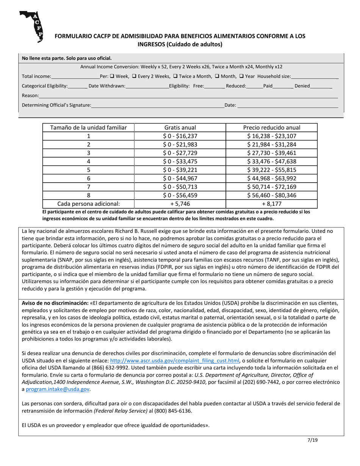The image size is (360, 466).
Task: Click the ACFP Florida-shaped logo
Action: (x=31, y=26)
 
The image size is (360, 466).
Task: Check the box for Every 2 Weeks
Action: (x=134, y=76)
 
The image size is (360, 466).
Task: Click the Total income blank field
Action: (x=75, y=77)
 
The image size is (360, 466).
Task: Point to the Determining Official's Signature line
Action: (x=157, y=105)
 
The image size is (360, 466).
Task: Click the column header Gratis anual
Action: (x=180, y=128)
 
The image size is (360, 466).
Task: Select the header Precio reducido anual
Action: (x=271, y=128)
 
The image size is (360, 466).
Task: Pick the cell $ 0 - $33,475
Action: (x=180, y=161)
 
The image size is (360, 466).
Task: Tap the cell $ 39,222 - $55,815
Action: (x=271, y=170)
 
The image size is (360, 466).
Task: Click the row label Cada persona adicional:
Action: (x=88, y=203)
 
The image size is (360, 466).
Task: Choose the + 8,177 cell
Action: (x=271, y=203)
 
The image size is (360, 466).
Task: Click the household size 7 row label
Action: (x=88, y=187)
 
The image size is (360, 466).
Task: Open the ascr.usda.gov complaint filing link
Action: (x=175, y=361)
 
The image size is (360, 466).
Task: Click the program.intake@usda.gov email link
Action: (x=58, y=389)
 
